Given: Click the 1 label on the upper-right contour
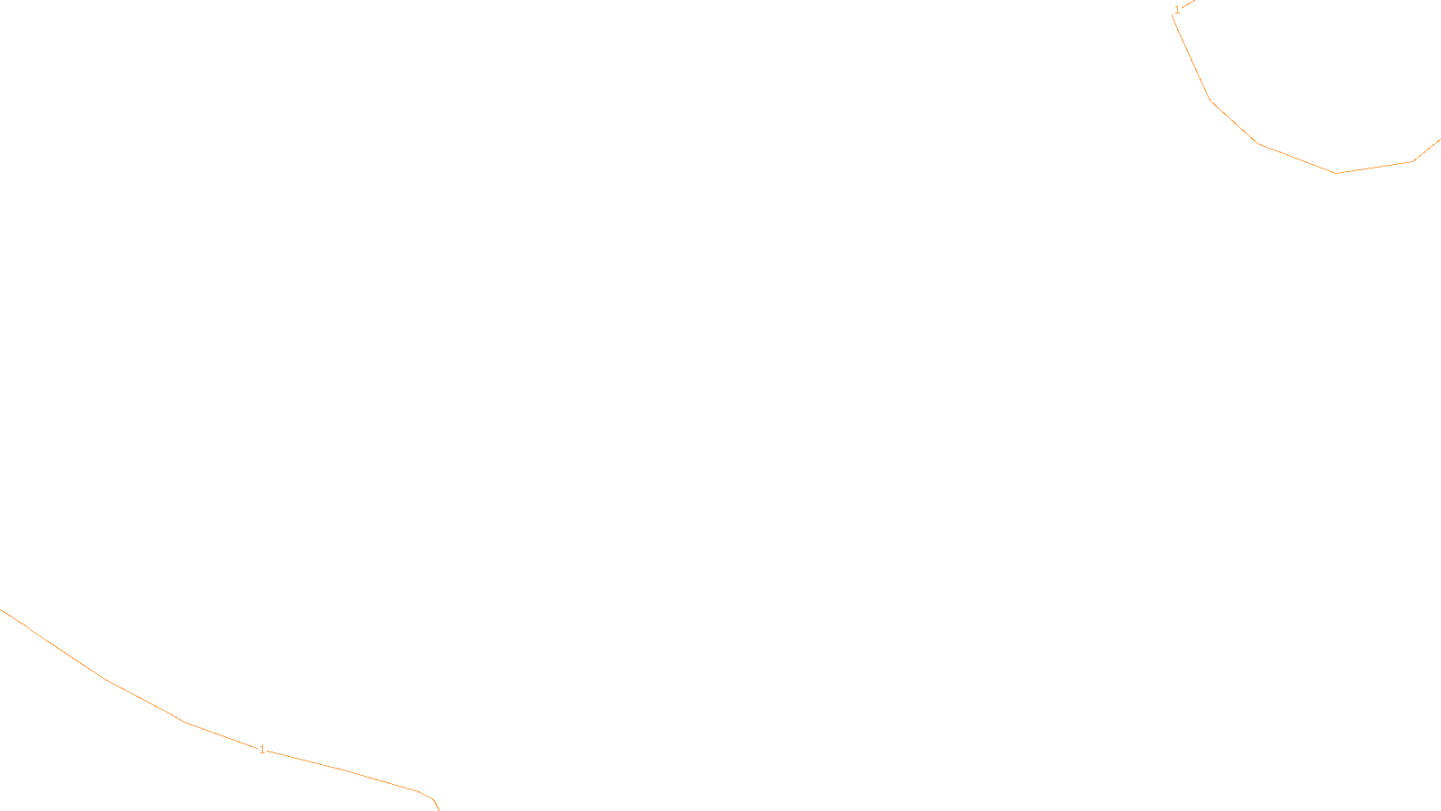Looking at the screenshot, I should pos(1177,10).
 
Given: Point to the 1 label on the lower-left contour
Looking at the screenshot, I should pos(262,750).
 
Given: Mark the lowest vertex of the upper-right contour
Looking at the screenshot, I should pos(1337,173).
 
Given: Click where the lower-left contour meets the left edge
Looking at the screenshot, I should pos(2,610).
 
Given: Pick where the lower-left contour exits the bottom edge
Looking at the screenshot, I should pos(438,808).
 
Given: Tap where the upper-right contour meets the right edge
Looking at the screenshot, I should pos(1438,141).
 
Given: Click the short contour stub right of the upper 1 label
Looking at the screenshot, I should pos(1188,4).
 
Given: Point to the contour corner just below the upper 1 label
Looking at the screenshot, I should pos(1173,17).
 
